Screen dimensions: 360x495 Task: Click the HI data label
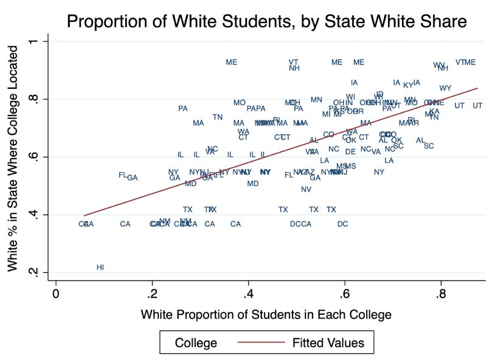100,267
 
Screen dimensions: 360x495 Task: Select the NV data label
306,189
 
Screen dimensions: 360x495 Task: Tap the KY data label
408,85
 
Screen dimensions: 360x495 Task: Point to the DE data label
350,151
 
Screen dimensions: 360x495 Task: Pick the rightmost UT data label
477,106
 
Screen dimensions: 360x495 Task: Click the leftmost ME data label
231,62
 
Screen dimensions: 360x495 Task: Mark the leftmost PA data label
183,109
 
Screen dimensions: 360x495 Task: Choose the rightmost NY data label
379,172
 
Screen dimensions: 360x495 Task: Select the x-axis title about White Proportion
266,314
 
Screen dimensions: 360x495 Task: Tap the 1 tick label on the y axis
36,41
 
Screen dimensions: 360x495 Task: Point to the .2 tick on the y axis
36,272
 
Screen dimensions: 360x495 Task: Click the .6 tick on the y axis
36,157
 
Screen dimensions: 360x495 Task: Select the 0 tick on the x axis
56,292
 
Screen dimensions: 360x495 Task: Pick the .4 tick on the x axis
248,292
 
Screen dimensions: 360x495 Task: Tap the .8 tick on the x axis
441,292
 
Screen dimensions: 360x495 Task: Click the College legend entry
196,343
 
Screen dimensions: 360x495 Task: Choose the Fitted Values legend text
327,343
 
